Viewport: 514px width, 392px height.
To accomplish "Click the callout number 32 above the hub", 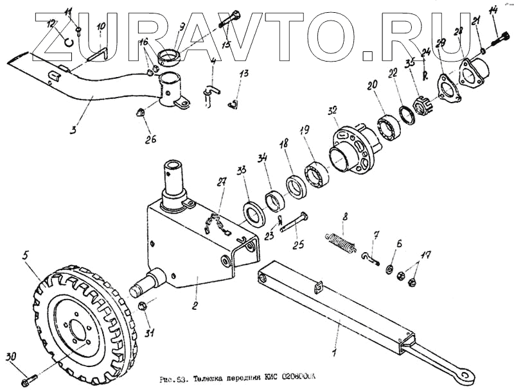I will click(332, 111).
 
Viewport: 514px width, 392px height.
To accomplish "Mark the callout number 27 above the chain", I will click(222, 183).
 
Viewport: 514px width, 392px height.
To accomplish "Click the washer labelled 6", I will click(391, 268).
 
